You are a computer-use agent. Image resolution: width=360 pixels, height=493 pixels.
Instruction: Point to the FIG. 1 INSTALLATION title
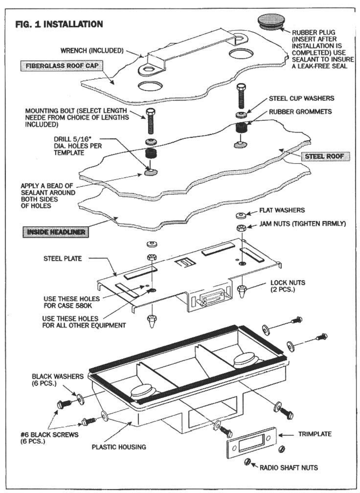59,24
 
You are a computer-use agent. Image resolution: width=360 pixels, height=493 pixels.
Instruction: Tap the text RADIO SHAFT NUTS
288,468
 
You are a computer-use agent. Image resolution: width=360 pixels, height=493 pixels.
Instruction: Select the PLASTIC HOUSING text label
119,447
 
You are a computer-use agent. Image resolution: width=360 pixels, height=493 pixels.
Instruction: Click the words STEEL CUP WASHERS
301,99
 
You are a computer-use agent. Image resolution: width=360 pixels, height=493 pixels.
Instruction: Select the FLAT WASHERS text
282,210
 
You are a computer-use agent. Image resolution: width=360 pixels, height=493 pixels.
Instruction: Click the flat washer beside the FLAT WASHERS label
240,215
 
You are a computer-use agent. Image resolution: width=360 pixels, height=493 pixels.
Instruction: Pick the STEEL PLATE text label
62,259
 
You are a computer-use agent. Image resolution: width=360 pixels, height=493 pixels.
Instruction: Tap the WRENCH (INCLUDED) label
92,51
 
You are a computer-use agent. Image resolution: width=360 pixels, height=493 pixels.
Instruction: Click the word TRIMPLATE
315,434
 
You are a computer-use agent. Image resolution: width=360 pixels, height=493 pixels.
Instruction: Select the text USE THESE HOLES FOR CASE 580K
72,302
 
